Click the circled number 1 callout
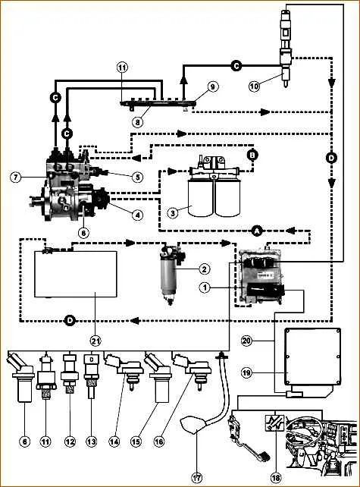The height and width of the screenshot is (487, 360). (x=205, y=288)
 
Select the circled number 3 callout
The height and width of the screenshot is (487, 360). (x=173, y=212)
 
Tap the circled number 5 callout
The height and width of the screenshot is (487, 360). (x=137, y=177)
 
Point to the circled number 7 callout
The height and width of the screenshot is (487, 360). (x=16, y=178)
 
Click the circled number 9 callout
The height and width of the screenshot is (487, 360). (x=212, y=86)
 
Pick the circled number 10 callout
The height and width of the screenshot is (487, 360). (x=254, y=86)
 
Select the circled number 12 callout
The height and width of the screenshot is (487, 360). (x=70, y=441)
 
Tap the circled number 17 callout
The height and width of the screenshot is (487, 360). (x=197, y=477)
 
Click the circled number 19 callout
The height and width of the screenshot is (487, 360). (x=247, y=372)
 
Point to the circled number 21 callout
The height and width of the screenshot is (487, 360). (x=96, y=341)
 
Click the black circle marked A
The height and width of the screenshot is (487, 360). (x=257, y=231)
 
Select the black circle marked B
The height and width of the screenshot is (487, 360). (x=253, y=154)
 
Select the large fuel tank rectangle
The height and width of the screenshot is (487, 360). (x=76, y=274)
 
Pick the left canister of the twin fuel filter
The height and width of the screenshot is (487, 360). (x=201, y=197)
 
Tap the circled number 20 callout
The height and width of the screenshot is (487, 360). (x=247, y=341)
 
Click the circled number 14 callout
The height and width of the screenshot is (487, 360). (x=114, y=441)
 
